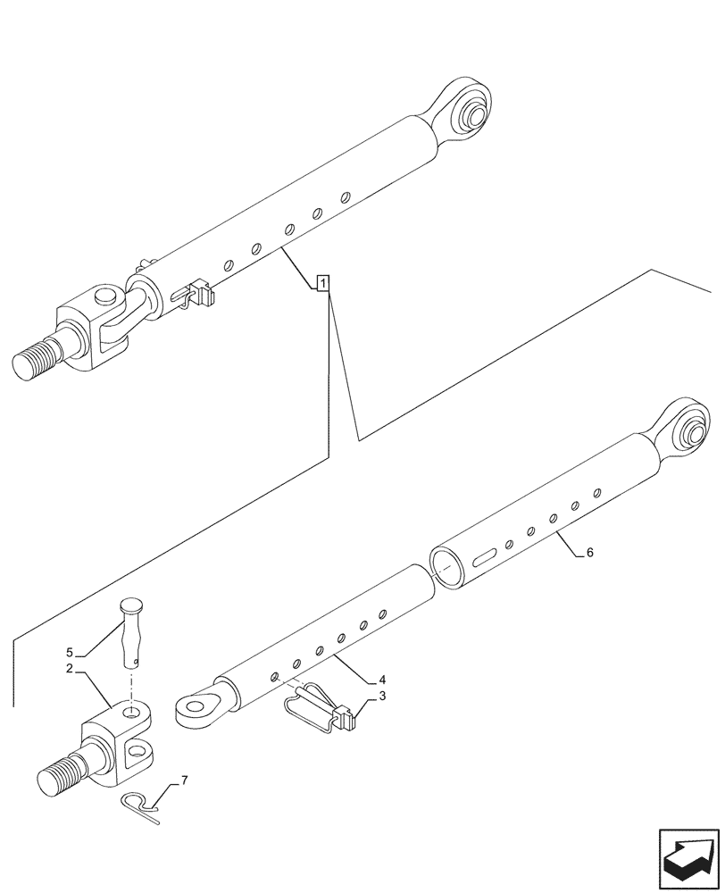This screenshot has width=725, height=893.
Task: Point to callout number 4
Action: click(382, 679)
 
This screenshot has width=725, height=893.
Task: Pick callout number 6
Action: click(590, 554)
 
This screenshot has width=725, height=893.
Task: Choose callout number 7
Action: click(184, 780)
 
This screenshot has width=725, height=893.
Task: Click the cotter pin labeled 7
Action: click(140, 804)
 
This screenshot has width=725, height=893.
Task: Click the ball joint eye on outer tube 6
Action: click(688, 435)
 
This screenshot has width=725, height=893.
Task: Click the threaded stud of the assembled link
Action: click(37, 361)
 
